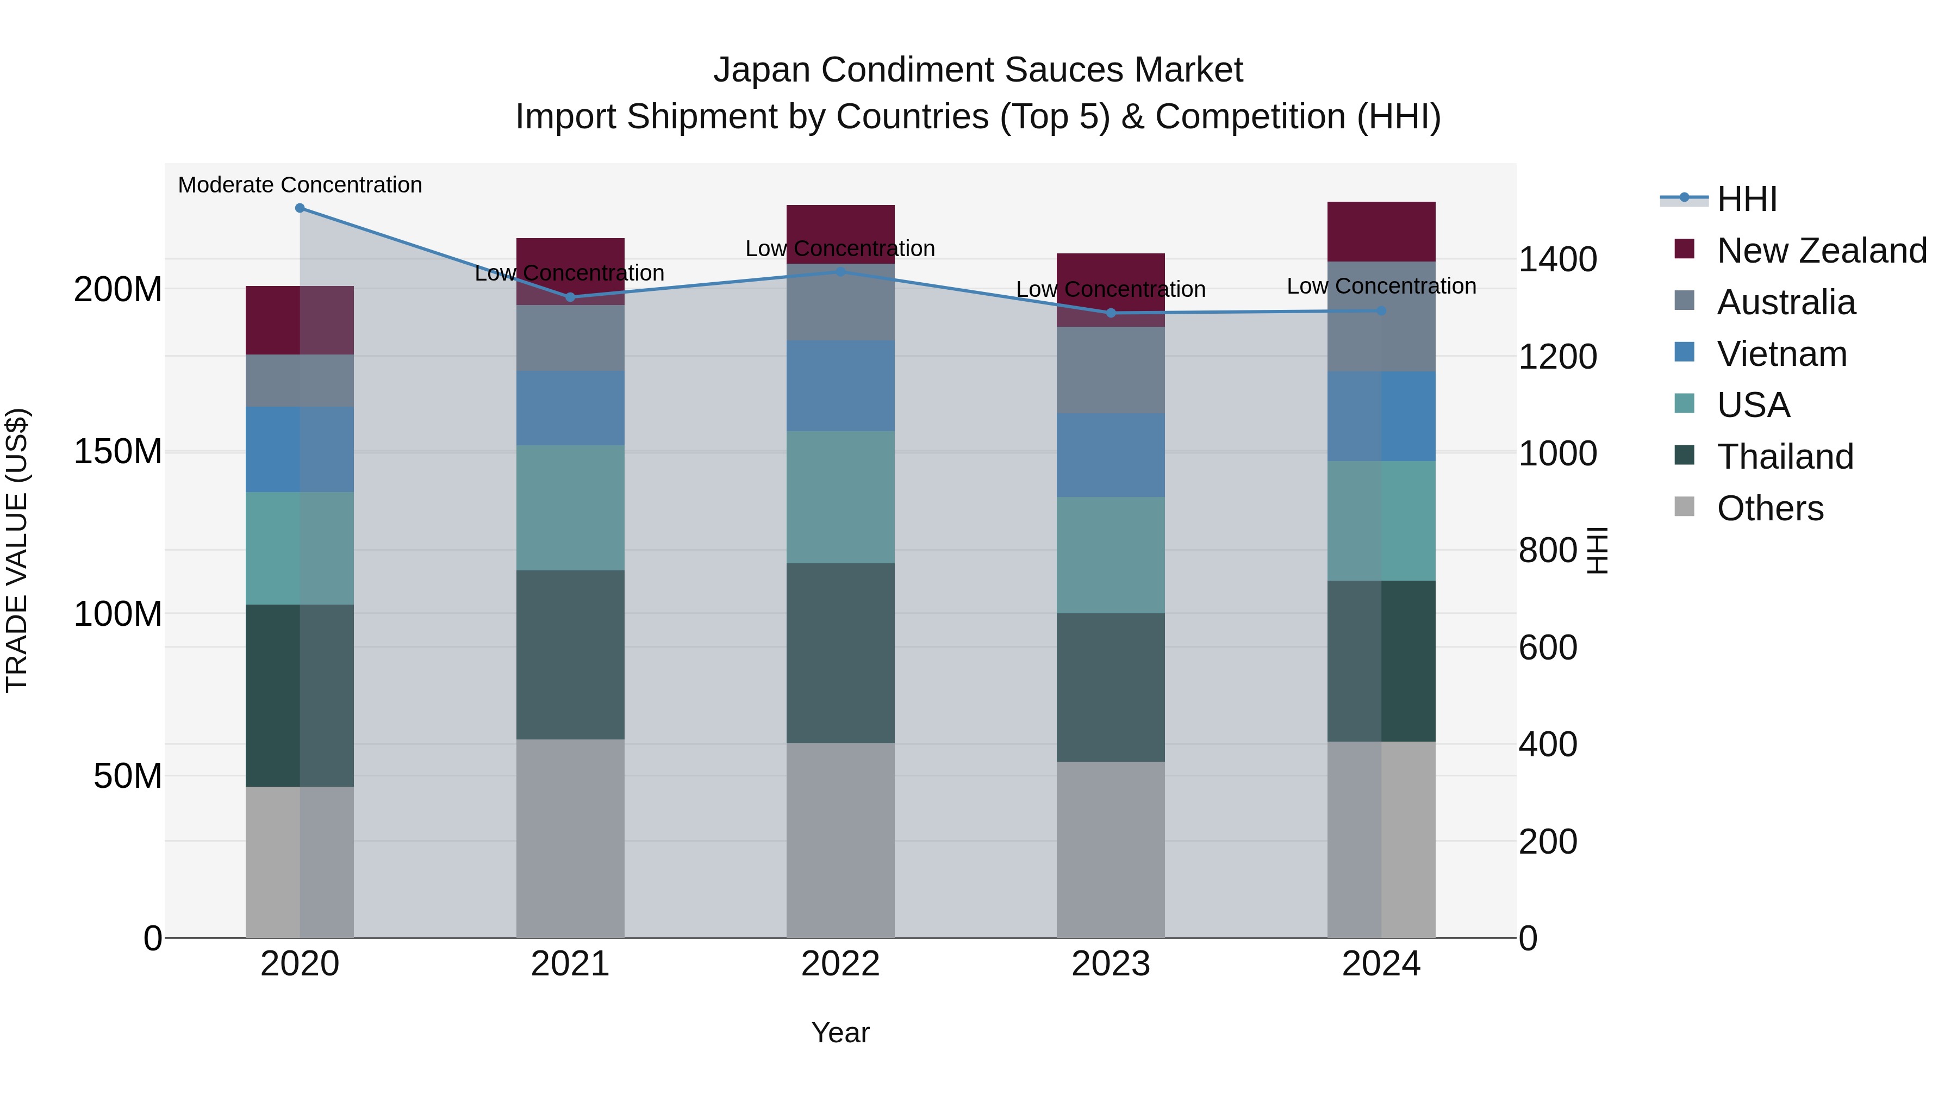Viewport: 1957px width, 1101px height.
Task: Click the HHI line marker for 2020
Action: [x=300, y=208]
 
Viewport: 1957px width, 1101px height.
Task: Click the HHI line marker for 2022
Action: [x=840, y=271]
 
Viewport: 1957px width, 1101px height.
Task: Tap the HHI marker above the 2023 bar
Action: [x=1111, y=313]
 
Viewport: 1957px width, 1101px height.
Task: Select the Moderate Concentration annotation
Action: [x=300, y=185]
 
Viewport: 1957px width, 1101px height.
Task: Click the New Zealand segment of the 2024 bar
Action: [x=1381, y=232]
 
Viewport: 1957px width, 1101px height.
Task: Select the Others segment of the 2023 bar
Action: [x=1111, y=849]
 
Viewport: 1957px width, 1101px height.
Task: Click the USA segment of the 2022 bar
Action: [x=840, y=497]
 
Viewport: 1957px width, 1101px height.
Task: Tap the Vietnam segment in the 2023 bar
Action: [x=1111, y=455]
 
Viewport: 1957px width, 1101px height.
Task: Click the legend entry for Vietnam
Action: [x=1781, y=354]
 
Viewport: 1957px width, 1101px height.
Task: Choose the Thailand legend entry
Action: [x=1785, y=457]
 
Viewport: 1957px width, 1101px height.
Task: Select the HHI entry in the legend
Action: [x=1747, y=199]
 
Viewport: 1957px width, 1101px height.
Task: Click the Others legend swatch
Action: [x=1684, y=507]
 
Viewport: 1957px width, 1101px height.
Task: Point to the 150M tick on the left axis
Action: [x=118, y=451]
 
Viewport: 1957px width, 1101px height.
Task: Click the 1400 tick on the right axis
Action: [x=1557, y=260]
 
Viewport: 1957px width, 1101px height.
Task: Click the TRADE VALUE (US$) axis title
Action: [x=17, y=550]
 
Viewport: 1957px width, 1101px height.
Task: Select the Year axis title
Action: [x=840, y=1032]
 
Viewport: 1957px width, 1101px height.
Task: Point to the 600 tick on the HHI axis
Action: [x=1548, y=648]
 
